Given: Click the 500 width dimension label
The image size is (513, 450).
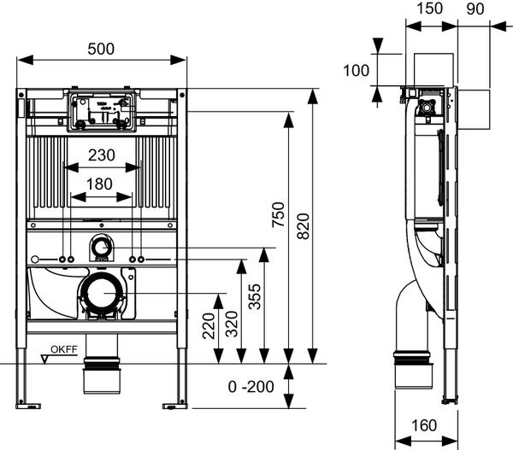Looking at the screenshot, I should [101, 49].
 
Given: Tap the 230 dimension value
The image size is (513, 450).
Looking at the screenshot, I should [102, 155].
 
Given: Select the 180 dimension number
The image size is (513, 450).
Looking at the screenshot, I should [102, 184].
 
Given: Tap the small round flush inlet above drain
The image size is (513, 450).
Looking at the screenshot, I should [102, 248].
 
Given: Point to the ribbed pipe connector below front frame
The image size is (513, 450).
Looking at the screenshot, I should [102, 377].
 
